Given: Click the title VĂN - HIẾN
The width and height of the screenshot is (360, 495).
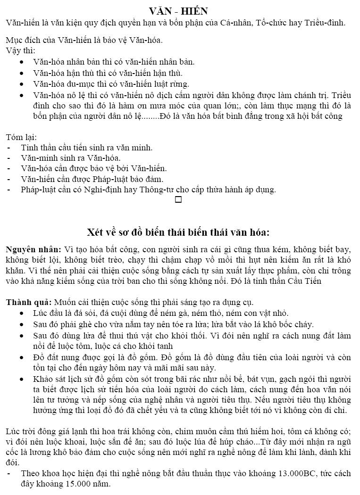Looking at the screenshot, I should coord(178,11).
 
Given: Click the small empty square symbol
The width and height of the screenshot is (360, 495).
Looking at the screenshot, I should coord(178,200).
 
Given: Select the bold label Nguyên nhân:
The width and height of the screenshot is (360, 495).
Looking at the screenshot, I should coord(33,249).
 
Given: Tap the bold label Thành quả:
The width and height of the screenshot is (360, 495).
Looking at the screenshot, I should coord(29,302).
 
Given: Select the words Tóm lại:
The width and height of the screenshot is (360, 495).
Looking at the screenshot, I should coord(21,137).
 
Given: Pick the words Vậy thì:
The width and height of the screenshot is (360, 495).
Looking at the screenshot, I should coord(20,50).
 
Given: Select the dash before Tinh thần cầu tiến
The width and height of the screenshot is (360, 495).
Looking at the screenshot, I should coord(9,148).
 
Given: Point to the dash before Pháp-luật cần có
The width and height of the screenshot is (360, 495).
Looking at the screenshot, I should coord(9,190).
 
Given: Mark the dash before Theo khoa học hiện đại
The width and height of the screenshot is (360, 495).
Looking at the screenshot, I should coord(9,474).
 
